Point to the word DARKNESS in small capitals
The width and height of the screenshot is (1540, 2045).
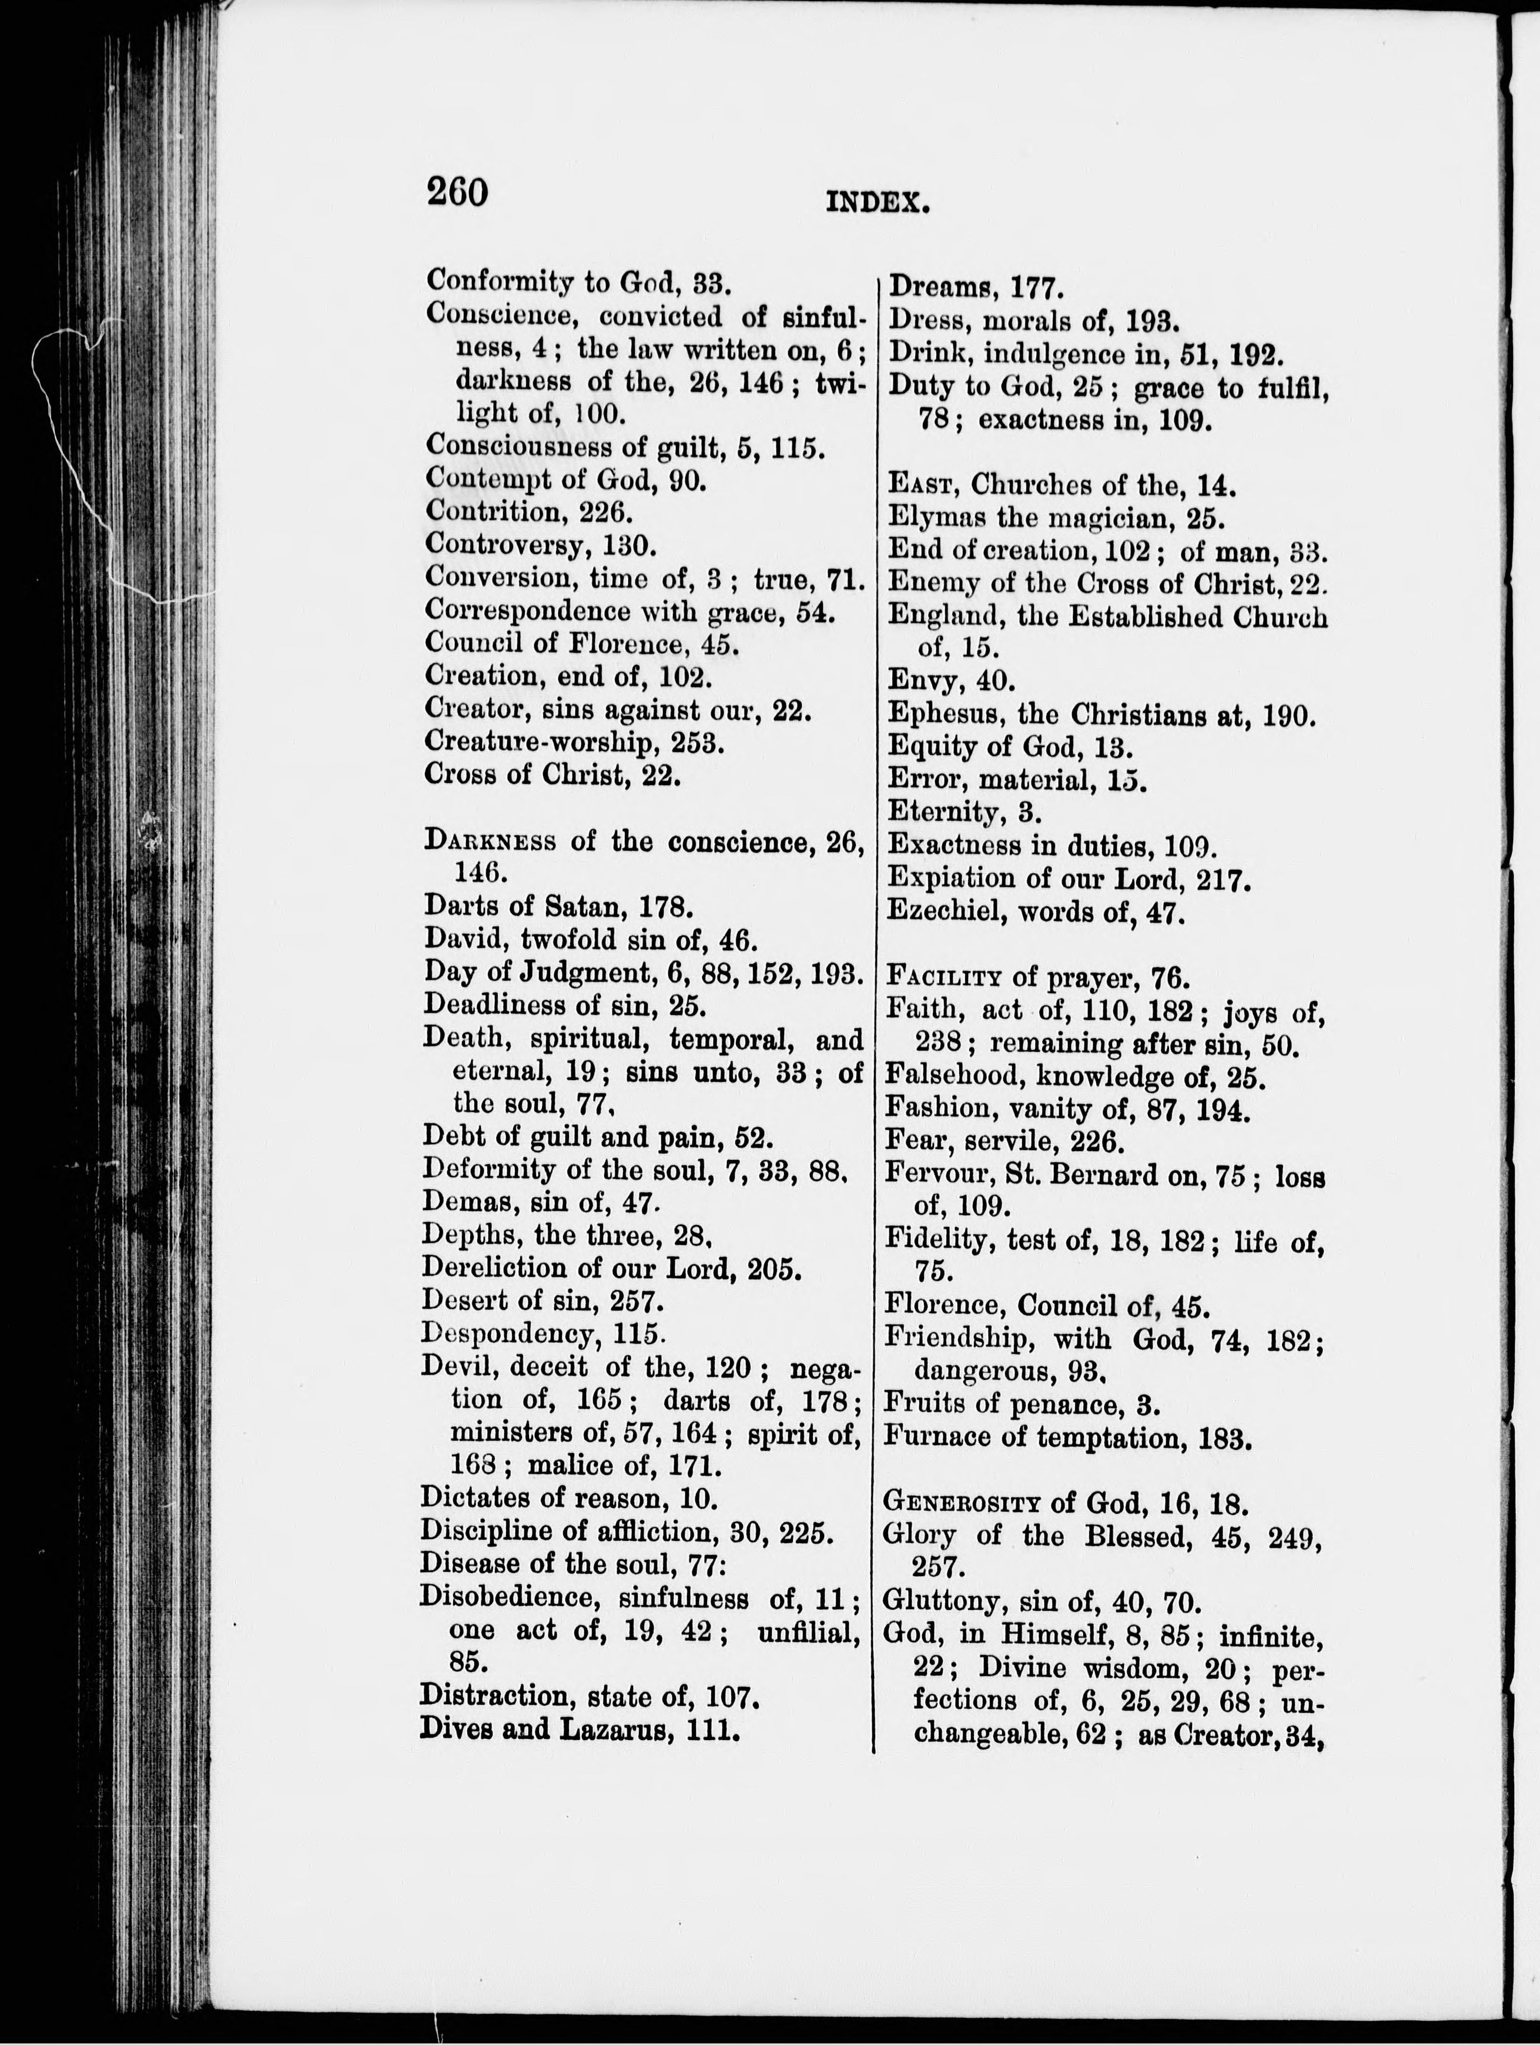coord(490,842)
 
